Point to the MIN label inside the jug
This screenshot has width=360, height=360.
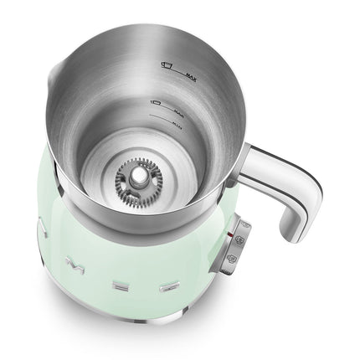(x=178, y=121)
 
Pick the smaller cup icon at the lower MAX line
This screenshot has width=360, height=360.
(x=155, y=103)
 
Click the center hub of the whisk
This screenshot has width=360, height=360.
(x=134, y=175)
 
